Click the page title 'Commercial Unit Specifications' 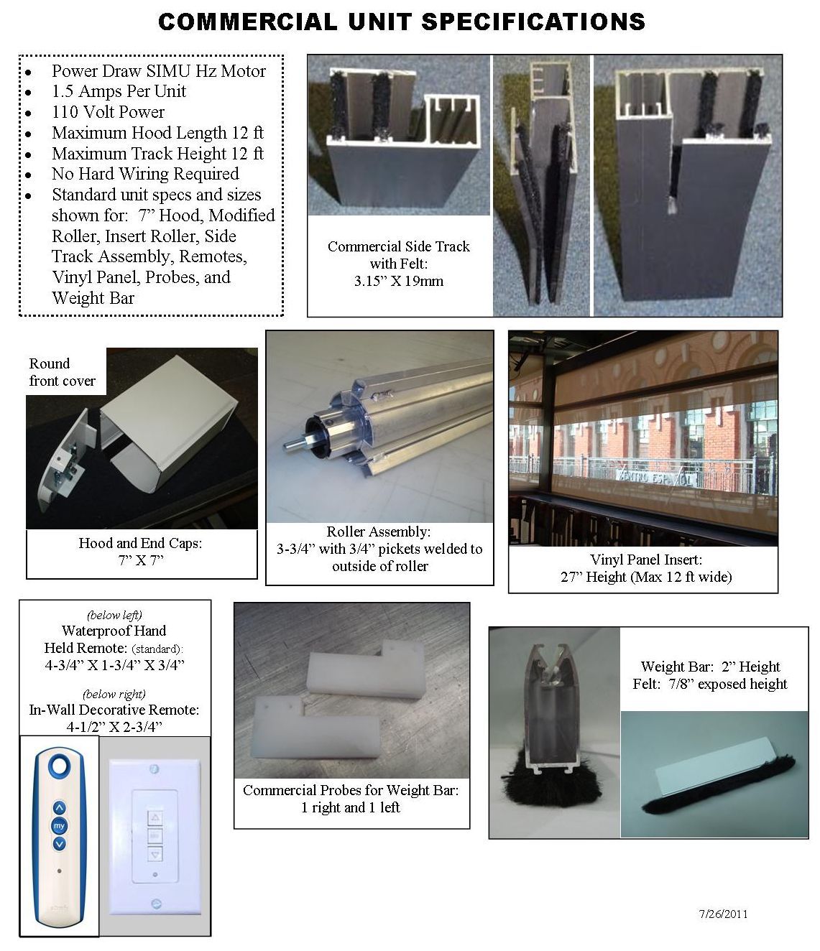[401, 22]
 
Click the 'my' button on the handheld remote [59, 826]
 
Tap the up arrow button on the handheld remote [59, 807]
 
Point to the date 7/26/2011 [724, 914]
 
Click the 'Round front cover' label [62, 372]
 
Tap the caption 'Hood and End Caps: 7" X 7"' [141, 552]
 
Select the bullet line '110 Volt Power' [108, 112]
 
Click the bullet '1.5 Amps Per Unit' [119, 91]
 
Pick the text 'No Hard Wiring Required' [144, 174]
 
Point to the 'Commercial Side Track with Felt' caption [399, 264]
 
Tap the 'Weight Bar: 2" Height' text [710, 667]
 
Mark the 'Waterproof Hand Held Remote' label [114, 639]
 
